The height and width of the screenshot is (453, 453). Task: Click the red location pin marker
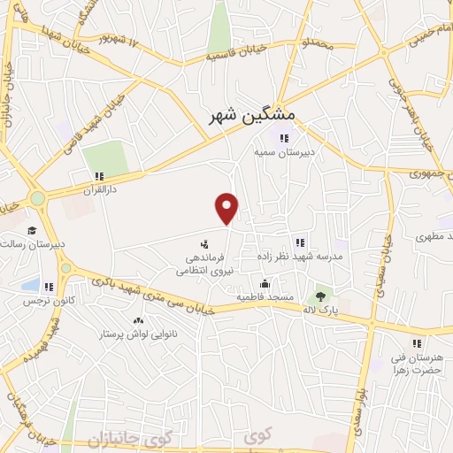pyautogui.click(x=228, y=207)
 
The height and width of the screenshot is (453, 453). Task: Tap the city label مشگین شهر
pyautogui.click(x=254, y=115)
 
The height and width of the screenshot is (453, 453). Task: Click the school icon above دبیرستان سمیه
pyautogui.click(x=284, y=137)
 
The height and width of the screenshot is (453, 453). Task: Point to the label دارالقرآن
pyautogui.click(x=99, y=189)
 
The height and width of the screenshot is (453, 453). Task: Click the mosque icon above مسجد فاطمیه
pyautogui.click(x=265, y=284)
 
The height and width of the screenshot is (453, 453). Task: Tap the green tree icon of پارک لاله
pyautogui.click(x=320, y=296)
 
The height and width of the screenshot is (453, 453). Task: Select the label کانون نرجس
pyautogui.click(x=45, y=301)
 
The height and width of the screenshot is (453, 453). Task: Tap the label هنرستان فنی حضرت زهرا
pyautogui.click(x=415, y=362)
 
